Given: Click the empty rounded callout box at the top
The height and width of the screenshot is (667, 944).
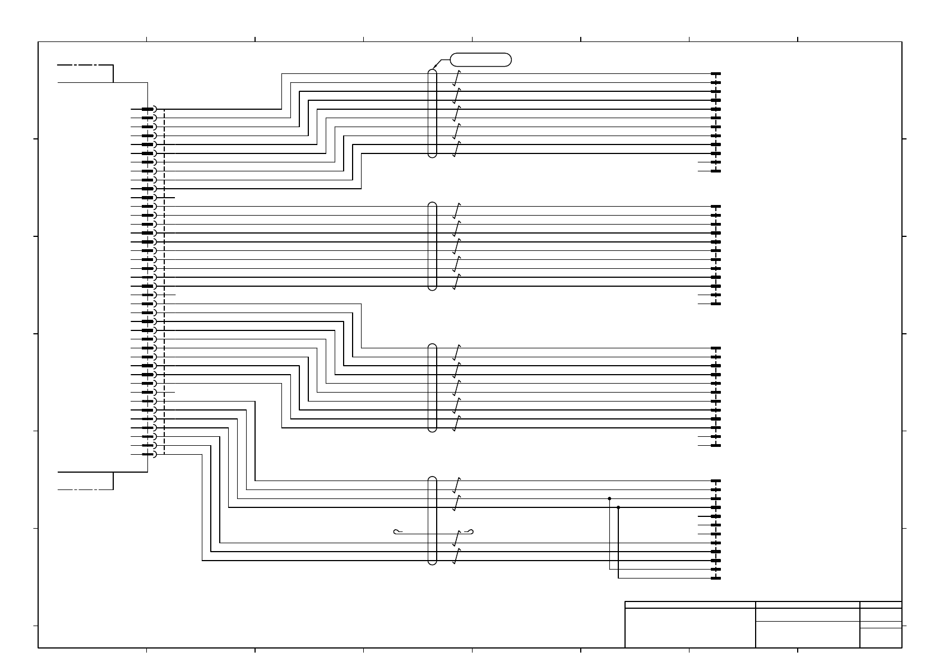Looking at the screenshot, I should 480,59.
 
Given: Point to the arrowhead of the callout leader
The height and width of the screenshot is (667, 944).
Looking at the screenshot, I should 434,69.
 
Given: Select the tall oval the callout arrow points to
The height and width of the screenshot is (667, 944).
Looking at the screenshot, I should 432,113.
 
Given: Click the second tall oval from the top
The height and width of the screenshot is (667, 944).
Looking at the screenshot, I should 432,246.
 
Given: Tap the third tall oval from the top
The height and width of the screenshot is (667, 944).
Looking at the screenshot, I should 432,388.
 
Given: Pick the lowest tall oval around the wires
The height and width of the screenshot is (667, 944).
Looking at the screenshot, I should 432,520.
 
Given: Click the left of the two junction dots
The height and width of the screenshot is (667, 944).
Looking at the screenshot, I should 609,498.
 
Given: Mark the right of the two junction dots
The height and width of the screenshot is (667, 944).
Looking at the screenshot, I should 618,507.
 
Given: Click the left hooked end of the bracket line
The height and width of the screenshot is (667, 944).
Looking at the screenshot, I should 397,531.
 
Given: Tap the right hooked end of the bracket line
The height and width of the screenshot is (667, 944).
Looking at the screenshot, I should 471,531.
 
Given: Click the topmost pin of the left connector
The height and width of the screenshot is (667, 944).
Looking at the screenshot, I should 148,109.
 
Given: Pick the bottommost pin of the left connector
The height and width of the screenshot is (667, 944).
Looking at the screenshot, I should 148,454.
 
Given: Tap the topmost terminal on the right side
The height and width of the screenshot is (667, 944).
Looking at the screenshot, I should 715,74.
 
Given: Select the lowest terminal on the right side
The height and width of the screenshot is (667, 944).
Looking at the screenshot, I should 715,579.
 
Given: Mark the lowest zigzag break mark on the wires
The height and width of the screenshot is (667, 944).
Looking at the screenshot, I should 457,556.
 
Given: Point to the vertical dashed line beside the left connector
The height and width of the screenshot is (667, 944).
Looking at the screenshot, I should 164,280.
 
